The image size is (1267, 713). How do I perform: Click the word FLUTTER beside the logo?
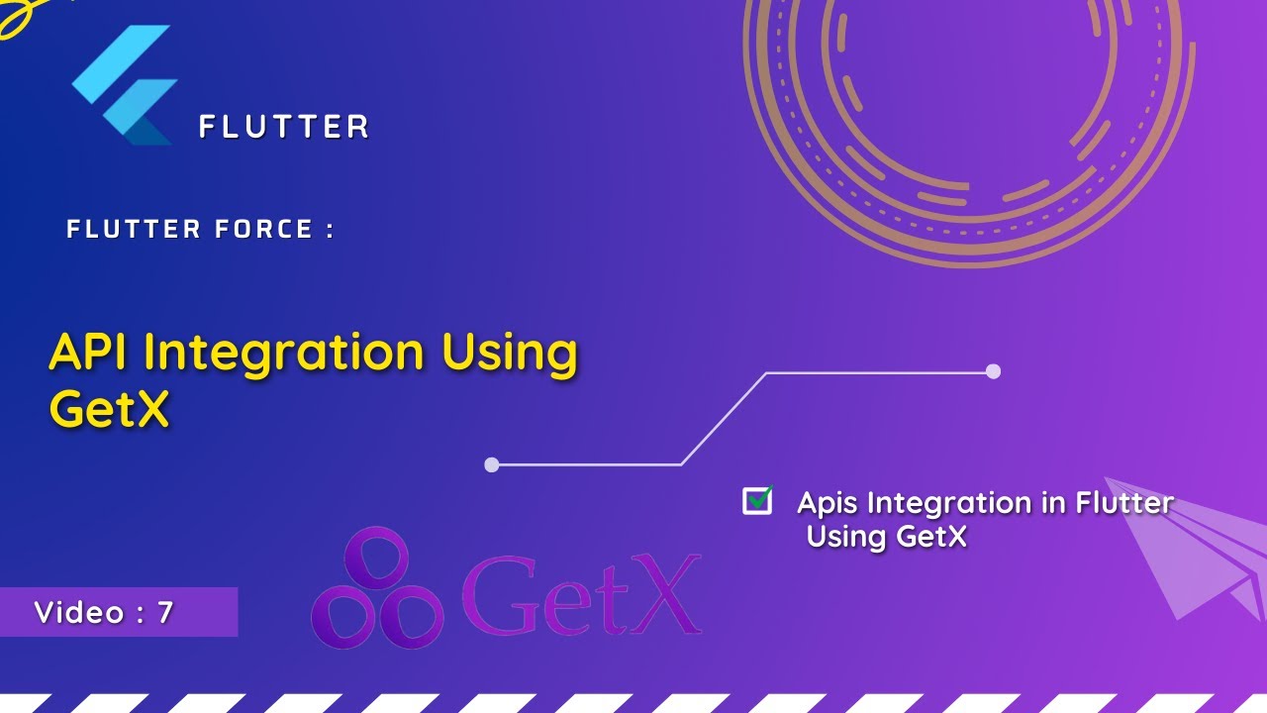pos(284,127)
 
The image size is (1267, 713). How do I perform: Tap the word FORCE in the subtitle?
pos(264,230)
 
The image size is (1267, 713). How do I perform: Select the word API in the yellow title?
pos(90,354)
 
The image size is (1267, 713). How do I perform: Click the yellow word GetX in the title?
pos(109,407)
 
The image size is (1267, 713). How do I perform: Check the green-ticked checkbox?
pos(757,501)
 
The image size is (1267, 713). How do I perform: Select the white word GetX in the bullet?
pos(930,537)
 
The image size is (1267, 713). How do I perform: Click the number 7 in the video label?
pos(165,613)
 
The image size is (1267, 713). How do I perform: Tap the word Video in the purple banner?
pos(79,613)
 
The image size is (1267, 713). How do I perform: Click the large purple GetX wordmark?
pos(582,594)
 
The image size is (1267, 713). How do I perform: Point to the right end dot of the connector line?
pos(993,371)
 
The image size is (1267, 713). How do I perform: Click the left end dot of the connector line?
pos(492,464)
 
